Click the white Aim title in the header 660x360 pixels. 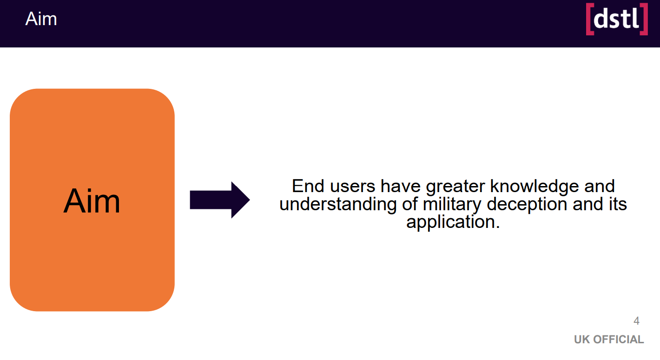click(x=41, y=19)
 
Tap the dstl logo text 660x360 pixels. click(x=616, y=18)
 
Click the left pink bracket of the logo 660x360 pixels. click(x=590, y=19)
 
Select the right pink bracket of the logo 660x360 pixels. click(x=644, y=19)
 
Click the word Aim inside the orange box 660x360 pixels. click(x=92, y=201)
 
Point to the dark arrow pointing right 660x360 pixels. click(x=220, y=200)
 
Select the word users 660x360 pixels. click(x=353, y=187)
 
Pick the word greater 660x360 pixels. click(x=455, y=187)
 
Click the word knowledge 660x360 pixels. click(x=534, y=187)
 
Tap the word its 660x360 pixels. click(x=618, y=204)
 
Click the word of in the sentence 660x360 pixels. click(x=410, y=204)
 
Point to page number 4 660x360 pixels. click(x=636, y=321)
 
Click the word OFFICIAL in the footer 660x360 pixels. click(x=619, y=340)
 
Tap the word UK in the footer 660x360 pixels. click(x=582, y=340)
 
